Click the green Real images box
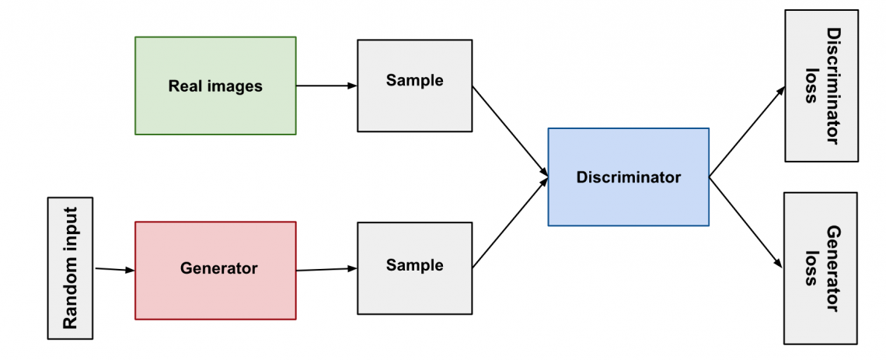pos(215,86)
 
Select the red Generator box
pos(215,270)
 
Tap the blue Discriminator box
pos(628,177)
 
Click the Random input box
pos(70,268)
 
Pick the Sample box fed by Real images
pos(414,85)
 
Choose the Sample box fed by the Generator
pos(414,269)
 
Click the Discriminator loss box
pos(821,86)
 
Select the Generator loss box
pos(821,268)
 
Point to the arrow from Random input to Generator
pos(114,270)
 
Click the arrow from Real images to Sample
pos(326,86)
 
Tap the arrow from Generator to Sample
pos(326,270)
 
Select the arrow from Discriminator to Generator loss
pos(746,222)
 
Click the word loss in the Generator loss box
pos(811,268)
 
